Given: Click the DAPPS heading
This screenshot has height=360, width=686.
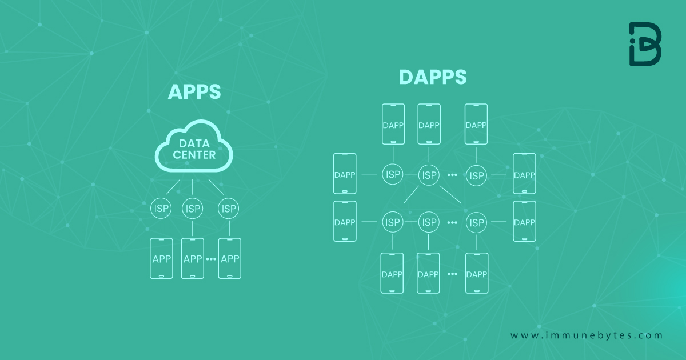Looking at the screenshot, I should coord(432,77).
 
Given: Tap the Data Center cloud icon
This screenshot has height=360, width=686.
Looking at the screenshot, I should coord(194,147).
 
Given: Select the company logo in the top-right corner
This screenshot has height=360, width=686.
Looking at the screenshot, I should coord(645,45).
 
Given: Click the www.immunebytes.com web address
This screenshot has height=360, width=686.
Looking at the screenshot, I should coord(587,335).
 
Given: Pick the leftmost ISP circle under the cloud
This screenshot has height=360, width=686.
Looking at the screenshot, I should coord(161,209).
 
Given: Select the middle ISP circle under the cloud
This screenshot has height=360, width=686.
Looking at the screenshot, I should coord(193,209).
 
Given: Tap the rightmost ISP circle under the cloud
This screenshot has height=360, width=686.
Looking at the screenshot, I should coord(229,209).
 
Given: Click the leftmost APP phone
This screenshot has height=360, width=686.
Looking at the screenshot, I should coord(161,258).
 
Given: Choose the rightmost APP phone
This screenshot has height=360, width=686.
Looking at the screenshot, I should coord(229,258).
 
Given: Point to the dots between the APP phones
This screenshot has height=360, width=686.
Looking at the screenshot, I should coord(210,259).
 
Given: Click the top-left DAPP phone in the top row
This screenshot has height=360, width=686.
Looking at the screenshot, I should coord(393,124).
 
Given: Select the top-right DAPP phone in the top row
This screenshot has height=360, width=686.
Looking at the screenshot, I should coord(476,124).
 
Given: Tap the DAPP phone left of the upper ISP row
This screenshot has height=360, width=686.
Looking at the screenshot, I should coord(345,174).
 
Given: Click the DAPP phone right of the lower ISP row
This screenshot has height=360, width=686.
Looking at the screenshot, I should coord(524,221).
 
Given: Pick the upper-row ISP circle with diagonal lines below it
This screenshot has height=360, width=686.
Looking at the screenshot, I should coord(428,175).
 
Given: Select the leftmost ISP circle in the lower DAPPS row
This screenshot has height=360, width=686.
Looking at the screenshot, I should coord(392,222).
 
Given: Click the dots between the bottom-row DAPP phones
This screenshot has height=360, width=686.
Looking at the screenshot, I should coord(452,274).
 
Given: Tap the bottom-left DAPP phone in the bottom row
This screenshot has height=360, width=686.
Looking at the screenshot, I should coord(392,273).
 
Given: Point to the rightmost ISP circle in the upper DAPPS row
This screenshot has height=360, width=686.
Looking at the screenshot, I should coord(476,175).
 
